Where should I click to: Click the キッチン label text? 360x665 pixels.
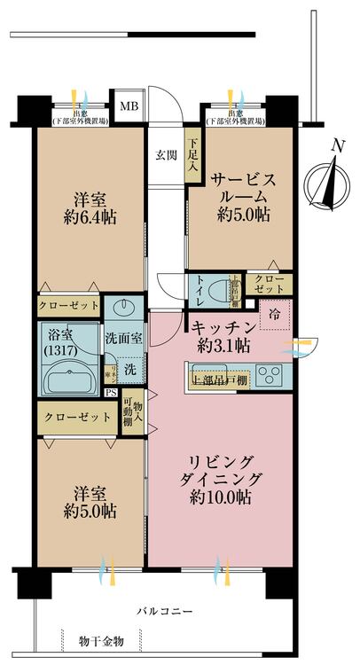point(221,327)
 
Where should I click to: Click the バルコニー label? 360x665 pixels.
point(164,611)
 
